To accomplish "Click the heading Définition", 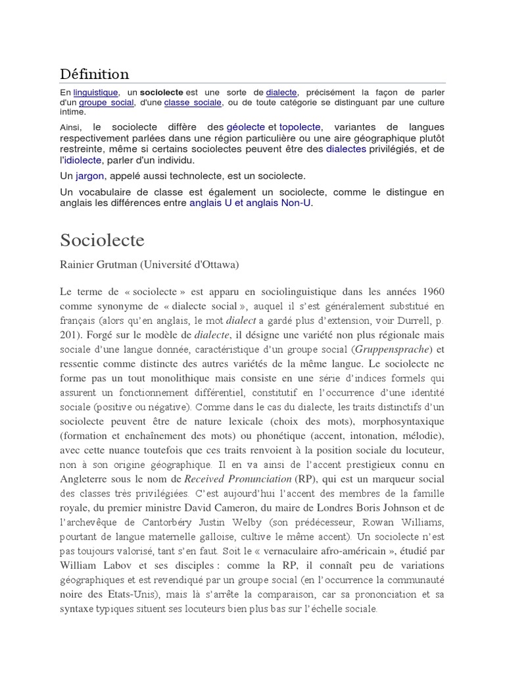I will tap(95, 74).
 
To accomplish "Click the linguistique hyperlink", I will tap(96, 93).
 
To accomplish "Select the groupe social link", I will tap(107, 103).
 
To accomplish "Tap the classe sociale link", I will tap(193, 103).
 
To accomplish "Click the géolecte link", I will tap(246, 126).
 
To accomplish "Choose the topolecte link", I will tap(301, 126).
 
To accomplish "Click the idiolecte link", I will tap(83, 160).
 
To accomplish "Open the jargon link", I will tap(90, 176).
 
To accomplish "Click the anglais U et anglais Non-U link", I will tap(250, 203).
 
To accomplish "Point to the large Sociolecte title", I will tap(103, 240).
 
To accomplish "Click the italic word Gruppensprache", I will tap(393, 348).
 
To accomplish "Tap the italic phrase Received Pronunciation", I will tap(237, 479).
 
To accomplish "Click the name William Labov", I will tap(94, 565).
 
